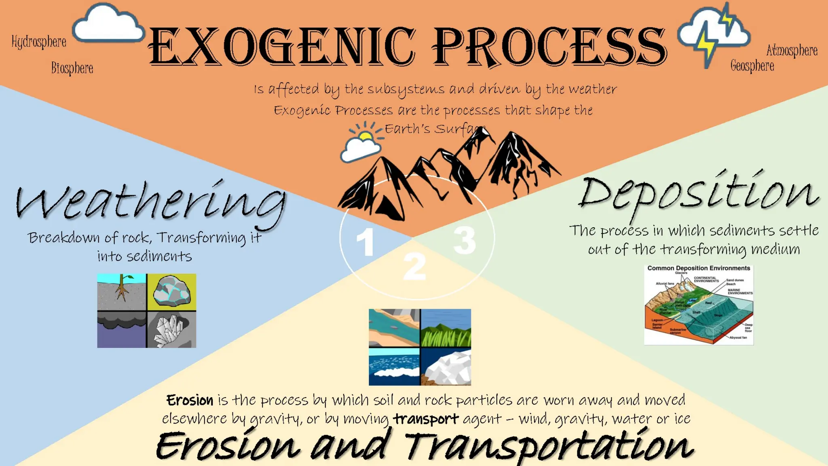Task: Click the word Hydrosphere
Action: [39, 42]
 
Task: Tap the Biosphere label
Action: [72, 68]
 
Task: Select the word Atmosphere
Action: [792, 51]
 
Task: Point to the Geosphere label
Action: [752, 66]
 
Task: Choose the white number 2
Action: [415, 267]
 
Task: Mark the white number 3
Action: [465, 240]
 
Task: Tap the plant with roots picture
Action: [122, 292]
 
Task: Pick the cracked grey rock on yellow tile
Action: [172, 292]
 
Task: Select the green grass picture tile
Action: [446, 328]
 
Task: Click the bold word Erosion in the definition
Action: [190, 400]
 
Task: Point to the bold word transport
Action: [426, 419]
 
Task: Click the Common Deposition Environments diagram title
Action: [699, 268]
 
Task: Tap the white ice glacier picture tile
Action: [446, 367]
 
